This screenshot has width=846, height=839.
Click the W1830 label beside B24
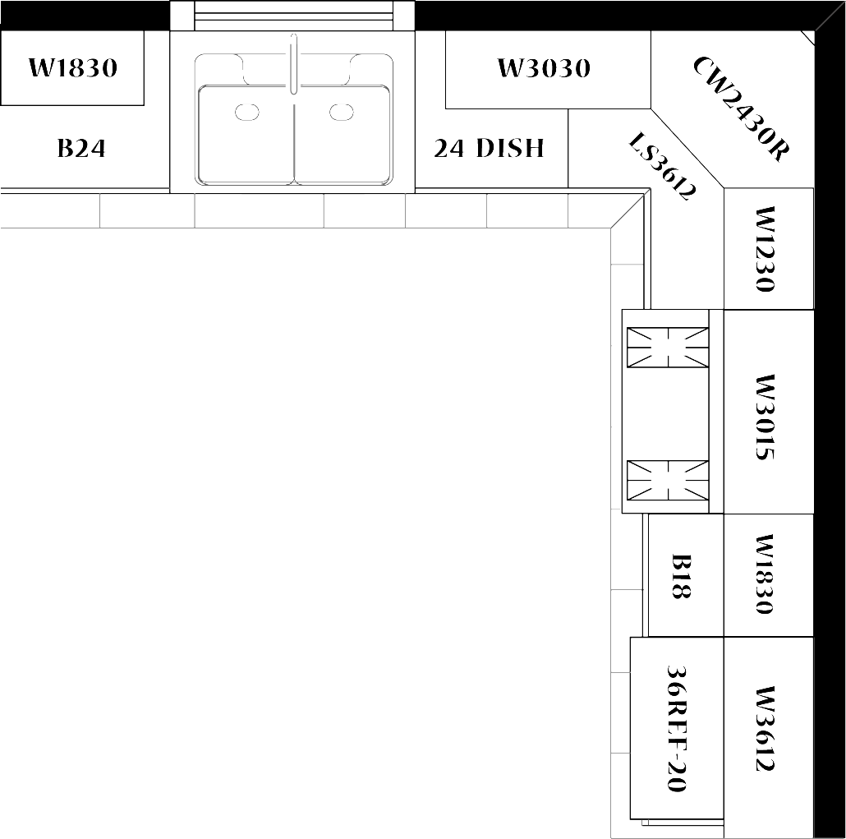click(73, 68)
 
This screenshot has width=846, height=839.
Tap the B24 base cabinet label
click(81, 149)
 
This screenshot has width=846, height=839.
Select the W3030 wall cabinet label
click(544, 68)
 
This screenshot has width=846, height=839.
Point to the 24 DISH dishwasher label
click(489, 149)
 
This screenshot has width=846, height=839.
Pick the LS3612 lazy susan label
click(663, 166)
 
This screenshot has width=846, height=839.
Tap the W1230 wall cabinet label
click(766, 249)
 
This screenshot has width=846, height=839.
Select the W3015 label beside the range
click(766, 417)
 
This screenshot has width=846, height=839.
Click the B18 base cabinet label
click(681, 576)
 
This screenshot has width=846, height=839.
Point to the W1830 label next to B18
click(766, 574)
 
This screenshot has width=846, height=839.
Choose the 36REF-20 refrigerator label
click(677, 728)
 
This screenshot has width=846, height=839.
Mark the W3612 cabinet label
click(766, 728)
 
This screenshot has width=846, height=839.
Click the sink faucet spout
click(293, 64)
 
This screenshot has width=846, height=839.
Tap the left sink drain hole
click(247, 113)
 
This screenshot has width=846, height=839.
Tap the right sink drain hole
click(342, 113)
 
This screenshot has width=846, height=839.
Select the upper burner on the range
click(668, 347)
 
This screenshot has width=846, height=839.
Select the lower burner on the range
click(668, 480)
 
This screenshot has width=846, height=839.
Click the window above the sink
click(293, 16)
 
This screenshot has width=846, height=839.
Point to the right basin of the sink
click(342, 135)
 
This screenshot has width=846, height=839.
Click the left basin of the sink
click(246, 135)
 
